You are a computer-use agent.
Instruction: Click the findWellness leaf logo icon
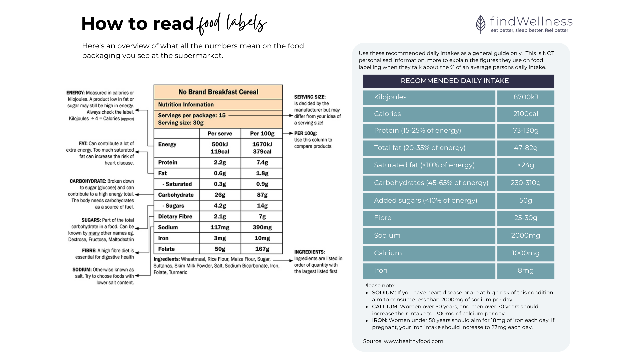tap(481, 24)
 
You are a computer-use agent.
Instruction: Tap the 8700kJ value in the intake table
tap(525, 97)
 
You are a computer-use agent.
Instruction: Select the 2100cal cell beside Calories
tap(525, 114)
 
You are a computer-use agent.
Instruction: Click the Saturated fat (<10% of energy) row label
tap(424, 165)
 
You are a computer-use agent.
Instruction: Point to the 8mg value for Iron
tap(525, 271)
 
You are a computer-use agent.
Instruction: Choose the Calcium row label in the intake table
tap(388, 253)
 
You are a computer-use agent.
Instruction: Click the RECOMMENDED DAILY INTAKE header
tap(455, 81)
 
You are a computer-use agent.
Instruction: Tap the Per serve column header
tap(220, 134)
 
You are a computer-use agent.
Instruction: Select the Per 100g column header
tap(262, 134)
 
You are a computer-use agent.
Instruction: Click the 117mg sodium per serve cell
tap(220, 227)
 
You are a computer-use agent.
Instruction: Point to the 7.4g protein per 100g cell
tap(262, 163)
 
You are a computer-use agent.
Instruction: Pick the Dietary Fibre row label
tap(175, 217)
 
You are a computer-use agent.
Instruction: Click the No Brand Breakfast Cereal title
tap(218, 92)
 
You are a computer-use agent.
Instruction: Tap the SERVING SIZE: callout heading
tap(310, 97)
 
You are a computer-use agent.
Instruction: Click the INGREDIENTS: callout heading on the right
tap(309, 252)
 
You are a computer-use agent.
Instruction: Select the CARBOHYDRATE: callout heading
tap(88, 181)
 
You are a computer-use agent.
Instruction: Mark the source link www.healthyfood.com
tap(413, 341)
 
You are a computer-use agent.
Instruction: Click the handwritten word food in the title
tap(209, 24)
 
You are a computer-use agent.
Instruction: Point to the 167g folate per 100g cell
tap(262, 249)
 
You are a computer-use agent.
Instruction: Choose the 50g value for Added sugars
tap(525, 201)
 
